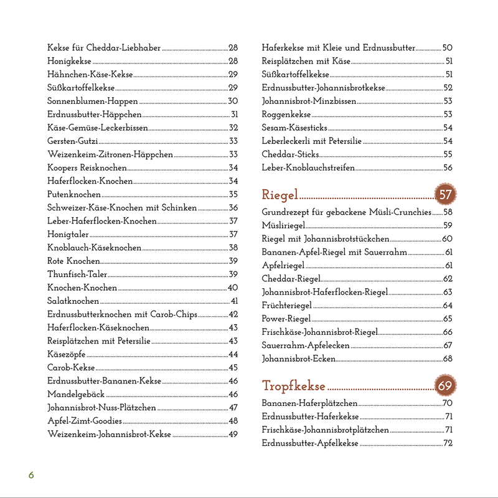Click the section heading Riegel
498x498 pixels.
click(280, 195)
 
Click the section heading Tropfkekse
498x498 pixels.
click(294, 386)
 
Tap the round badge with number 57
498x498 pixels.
click(445, 195)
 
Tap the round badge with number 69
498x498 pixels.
click(445, 386)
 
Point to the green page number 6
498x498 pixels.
click(31, 476)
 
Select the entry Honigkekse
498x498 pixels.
click(69, 61)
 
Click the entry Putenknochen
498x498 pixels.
click(74, 195)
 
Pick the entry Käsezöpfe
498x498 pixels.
click(65, 354)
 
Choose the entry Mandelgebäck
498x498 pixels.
click(76, 394)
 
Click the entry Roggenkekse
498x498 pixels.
click(286, 114)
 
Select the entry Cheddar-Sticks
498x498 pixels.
click(291, 154)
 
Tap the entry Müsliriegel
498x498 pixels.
click(283, 225)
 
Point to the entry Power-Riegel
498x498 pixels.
click(286, 319)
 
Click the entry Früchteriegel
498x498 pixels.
click(287, 305)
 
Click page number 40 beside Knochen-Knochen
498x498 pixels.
click(233, 288)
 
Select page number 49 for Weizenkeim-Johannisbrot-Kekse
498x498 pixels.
click(233, 434)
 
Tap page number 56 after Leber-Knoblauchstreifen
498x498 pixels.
click(448, 167)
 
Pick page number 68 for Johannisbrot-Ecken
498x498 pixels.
click(448, 359)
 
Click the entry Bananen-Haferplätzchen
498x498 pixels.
click(309, 403)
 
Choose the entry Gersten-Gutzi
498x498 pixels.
click(72, 141)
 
